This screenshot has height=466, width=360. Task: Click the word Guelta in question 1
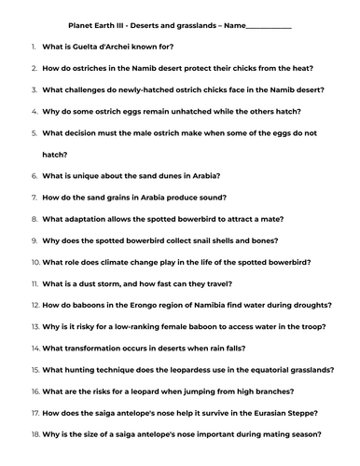86,47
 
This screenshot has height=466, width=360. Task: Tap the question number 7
35,198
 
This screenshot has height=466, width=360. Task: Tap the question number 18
35,433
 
